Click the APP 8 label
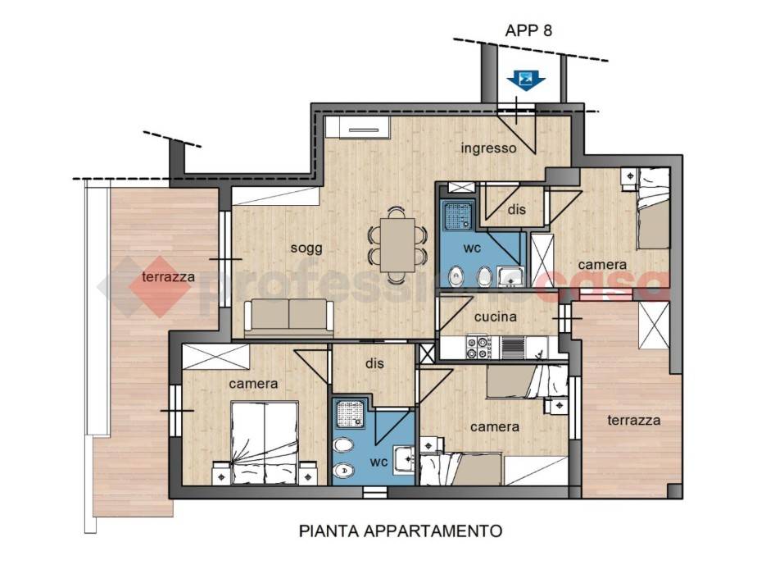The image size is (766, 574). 528,32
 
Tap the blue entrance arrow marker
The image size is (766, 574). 522,80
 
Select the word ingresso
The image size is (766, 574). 488,148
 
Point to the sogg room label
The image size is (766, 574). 306,248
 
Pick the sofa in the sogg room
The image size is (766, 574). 289,317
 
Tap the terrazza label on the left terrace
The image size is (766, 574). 168,276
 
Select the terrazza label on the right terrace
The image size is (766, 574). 634,420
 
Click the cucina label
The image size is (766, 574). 495,317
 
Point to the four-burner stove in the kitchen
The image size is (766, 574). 477,348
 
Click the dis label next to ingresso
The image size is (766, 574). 516,210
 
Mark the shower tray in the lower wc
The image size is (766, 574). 351,418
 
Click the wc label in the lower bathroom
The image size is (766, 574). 378,462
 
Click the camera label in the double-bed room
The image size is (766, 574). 253,383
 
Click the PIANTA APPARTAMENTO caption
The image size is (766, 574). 401,531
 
